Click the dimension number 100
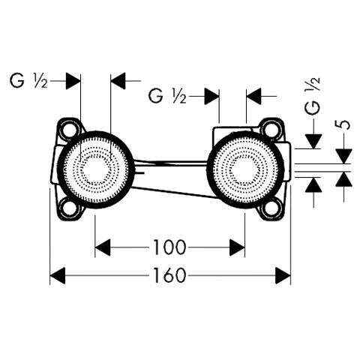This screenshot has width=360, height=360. [169, 247]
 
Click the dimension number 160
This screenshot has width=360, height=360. [169, 275]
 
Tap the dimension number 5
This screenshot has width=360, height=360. [343, 124]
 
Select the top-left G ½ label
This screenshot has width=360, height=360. [28, 81]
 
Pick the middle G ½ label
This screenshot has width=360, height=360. [167, 96]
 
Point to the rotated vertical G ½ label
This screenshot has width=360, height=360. [313, 96]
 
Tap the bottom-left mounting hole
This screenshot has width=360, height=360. [69, 208]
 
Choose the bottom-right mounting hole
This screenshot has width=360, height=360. [271, 208]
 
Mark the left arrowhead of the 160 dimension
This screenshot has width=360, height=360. [58, 275]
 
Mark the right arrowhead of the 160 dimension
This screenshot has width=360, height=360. [283, 275]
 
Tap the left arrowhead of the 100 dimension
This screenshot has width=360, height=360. [103, 247]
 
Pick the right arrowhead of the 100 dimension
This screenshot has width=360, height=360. [237, 247]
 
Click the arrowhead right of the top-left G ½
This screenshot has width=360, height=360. [73, 81]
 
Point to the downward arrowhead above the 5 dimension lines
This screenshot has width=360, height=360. [343, 156]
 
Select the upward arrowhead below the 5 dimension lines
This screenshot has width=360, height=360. [343, 179]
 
